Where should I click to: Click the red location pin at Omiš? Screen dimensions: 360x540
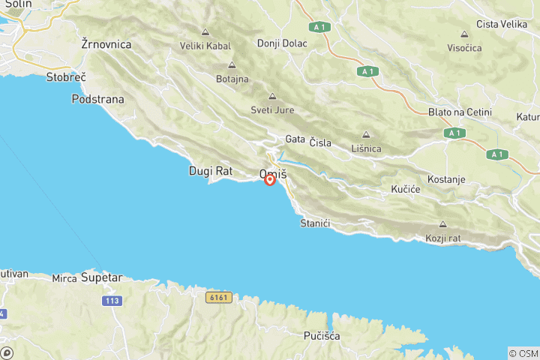(x=270, y=180)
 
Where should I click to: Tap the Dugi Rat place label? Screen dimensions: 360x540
(x=211, y=171)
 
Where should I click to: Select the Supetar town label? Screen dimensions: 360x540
(x=101, y=277)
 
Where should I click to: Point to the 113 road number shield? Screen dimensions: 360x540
(x=112, y=300)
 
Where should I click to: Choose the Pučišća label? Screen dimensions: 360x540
(x=322, y=336)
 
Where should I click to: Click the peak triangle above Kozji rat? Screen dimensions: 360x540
(x=442, y=224)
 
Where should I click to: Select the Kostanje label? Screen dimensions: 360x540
(x=446, y=180)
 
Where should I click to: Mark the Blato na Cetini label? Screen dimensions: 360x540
(x=460, y=112)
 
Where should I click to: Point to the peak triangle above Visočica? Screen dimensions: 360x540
(x=465, y=34)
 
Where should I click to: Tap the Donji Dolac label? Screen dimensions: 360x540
(x=282, y=43)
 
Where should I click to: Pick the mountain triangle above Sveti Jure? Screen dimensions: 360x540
(x=272, y=96)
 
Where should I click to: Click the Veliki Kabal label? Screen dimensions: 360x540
(x=205, y=46)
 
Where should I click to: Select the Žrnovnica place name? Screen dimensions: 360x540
(x=106, y=44)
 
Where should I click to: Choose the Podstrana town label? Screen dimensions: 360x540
(x=98, y=99)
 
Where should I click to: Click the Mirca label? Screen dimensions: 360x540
(x=64, y=278)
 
